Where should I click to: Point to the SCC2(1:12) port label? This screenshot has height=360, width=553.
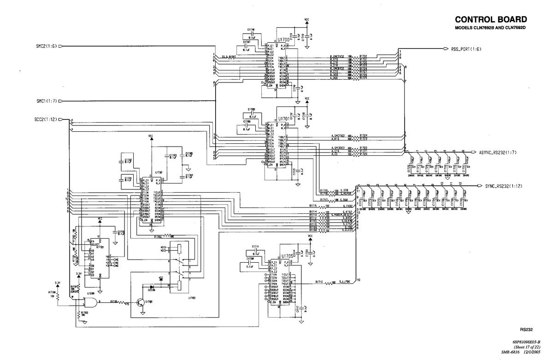[x=46, y=120]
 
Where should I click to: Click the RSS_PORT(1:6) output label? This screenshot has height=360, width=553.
[x=466, y=49]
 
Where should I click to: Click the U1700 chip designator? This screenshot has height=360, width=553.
[x=283, y=40]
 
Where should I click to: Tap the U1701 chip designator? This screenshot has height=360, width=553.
[x=283, y=118]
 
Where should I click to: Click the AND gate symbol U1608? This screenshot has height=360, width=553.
[x=89, y=302]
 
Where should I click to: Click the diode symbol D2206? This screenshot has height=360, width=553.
[x=151, y=286]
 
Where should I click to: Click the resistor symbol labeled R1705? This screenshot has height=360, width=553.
[x=123, y=302]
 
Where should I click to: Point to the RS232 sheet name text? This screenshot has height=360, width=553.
[x=526, y=330]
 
